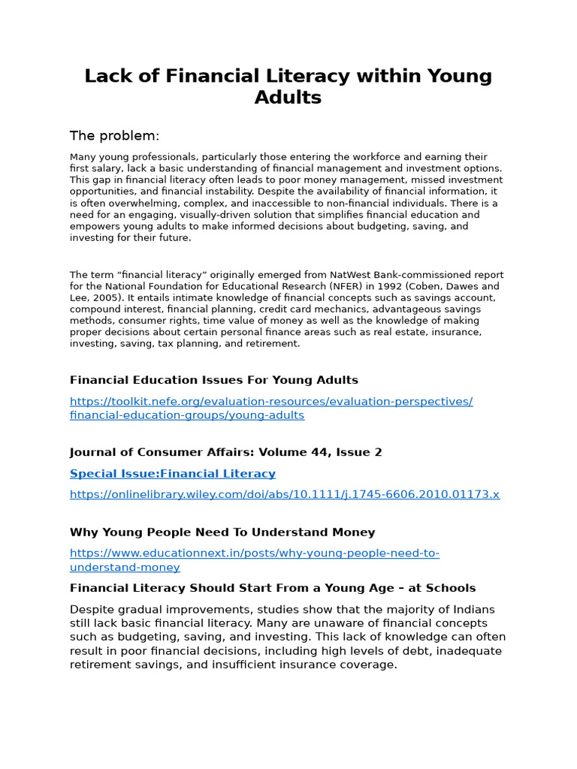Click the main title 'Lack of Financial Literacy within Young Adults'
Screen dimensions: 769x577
[x=288, y=86]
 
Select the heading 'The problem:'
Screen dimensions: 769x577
[x=114, y=136]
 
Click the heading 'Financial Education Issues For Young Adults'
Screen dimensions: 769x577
[x=214, y=380]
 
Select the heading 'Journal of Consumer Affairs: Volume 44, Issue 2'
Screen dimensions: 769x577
[x=226, y=452]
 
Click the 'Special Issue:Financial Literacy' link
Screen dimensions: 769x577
[x=173, y=474]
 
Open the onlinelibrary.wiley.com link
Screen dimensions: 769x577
[x=285, y=494]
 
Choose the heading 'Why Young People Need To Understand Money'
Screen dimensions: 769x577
[x=222, y=532]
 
